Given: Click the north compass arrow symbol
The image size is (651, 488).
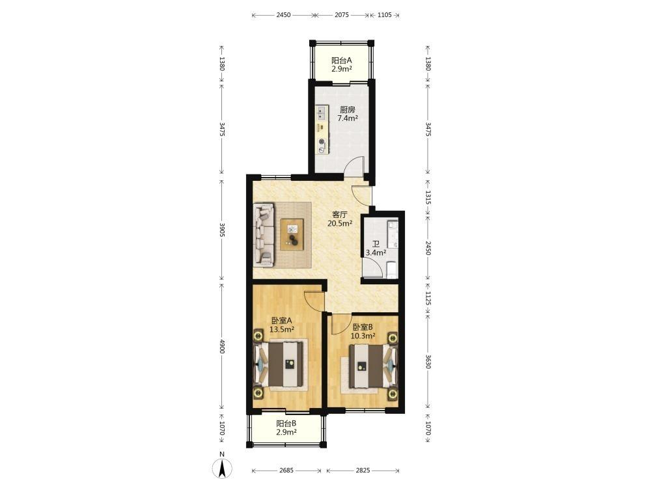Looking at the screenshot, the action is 222,468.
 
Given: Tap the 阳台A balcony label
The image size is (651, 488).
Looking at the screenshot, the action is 342,64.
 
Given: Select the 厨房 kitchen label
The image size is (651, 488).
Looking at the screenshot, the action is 348,114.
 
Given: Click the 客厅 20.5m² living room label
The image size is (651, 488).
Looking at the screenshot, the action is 340,219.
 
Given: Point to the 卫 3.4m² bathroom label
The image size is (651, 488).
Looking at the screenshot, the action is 376,248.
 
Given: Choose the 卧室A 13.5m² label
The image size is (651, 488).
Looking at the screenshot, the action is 282,325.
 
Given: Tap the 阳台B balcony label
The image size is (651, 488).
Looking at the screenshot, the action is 286,428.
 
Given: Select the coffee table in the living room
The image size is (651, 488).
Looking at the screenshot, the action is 293,234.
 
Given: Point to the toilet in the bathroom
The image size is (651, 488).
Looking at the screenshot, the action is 391,270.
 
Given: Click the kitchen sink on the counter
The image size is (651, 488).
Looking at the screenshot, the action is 321,113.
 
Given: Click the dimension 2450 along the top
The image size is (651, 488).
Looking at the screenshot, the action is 283,15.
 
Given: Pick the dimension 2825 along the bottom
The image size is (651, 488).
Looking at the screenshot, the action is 363,470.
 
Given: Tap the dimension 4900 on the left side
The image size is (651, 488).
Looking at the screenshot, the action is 222,347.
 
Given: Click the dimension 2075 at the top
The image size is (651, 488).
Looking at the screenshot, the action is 342,15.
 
